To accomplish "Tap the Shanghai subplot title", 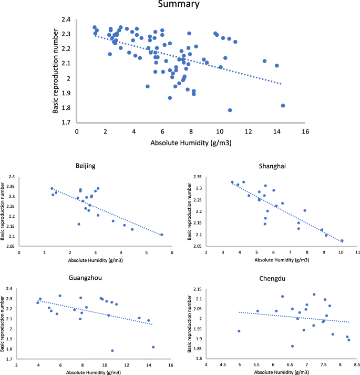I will (x=273, y=166).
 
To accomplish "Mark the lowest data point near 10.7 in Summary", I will (x=230, y=110).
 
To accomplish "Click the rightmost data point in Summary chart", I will (x=283, y=105).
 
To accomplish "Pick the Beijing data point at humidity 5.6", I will (x=161, y=235).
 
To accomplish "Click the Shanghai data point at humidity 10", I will (x=342, y=241).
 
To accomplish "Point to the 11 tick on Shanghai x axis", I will (x=357, y=252).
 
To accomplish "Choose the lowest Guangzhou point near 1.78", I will (x=112, y=350).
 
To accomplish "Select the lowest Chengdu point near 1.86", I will (x=292, y=346).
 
